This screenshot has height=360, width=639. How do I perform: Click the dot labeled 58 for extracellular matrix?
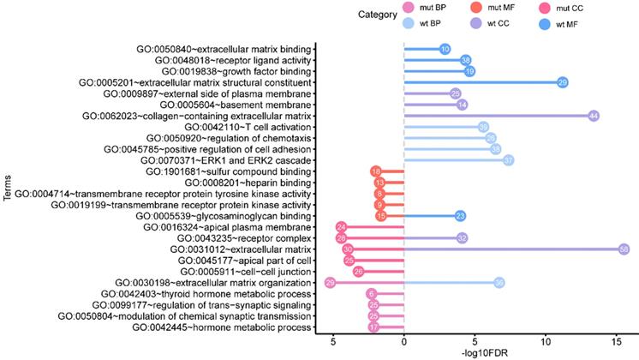(x=624, y=249)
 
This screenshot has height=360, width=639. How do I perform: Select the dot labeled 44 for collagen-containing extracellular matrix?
(x=593, y=116)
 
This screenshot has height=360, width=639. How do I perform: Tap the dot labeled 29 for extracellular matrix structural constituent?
(x=562, y=82)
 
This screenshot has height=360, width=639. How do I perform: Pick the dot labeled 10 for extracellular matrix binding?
(x=445, y=49)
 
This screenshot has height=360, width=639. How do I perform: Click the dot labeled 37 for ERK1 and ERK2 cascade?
(x=508, y=160)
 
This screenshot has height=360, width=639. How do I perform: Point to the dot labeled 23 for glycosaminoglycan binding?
(x=460, y=216)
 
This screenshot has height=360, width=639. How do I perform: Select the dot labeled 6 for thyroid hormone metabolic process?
(x=373, y=293)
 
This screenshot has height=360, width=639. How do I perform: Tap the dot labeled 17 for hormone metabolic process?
(x=373, y=327)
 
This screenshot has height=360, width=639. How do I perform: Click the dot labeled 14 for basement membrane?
(x=462, y=105)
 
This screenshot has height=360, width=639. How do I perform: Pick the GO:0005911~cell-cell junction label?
(x=242, y=271)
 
